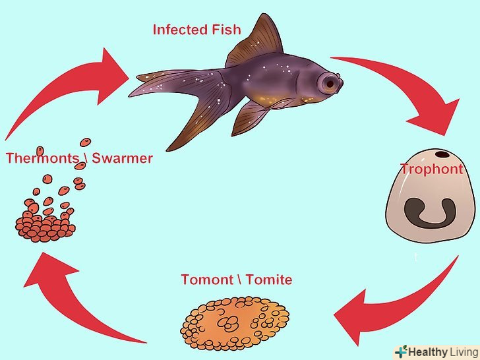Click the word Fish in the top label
[225, 30]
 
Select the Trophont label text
[432, 169]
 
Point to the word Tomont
[207, 280]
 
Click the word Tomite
[268, 280]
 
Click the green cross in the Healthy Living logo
[402, 351]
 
